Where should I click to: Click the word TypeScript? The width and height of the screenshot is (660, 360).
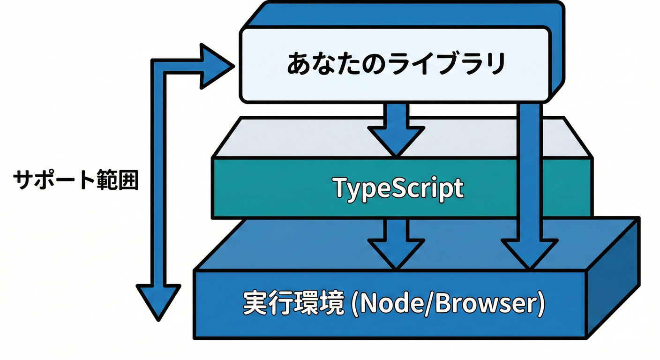(x=398, y=188)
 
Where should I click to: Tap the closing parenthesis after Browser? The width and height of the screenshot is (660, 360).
(x=540, y=304)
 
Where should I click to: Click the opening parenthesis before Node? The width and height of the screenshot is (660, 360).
(x=354, y=304)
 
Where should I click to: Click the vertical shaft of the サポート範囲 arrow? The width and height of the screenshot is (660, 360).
(x=158, y=178)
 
